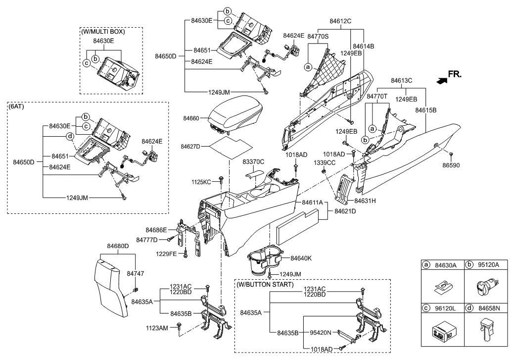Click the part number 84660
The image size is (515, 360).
click(191, 118)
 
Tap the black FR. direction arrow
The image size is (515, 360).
click(442, 80)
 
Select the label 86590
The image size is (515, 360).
click(451, 165)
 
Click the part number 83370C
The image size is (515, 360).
click(253, 162)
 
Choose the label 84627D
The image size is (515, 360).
click(190, 146)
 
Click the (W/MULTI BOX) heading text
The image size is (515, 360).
click(103, 32)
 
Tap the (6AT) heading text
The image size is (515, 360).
click(16, 106)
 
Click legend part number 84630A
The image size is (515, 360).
click(446, 265)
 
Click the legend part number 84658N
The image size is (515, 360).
click(489, 309)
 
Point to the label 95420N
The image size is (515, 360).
click(321, 333)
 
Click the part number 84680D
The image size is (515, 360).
click(118, 246)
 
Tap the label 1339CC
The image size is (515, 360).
click(325, 163)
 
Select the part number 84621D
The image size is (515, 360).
click(345, 211)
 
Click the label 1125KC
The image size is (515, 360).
click(201, 182)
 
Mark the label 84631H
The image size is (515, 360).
click(365, 201)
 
